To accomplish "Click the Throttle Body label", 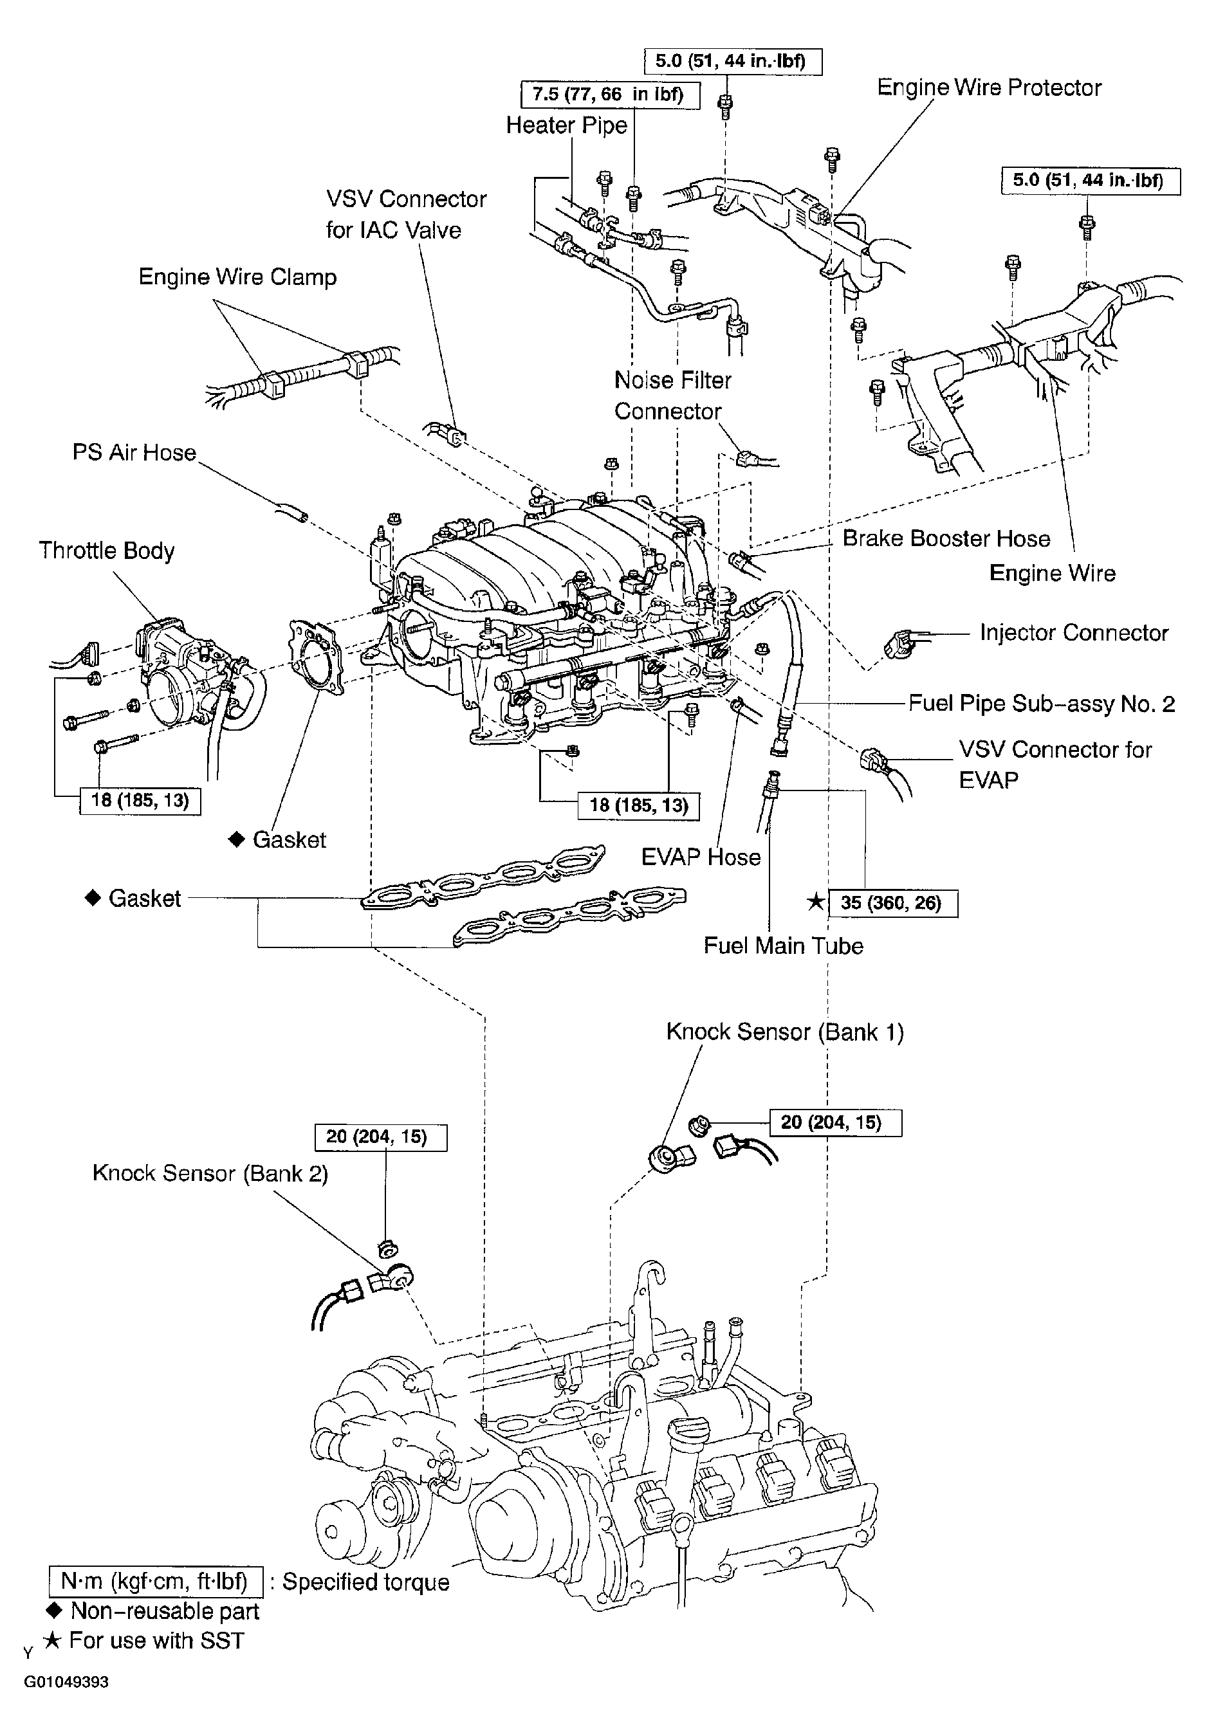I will tap(107, 551).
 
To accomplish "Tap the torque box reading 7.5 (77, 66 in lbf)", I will tap(609, 95).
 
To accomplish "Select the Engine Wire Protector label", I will tap(988, 87).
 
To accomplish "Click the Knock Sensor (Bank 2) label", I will tap(210, 1173).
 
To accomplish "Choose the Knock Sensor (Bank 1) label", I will tap(784, 1032).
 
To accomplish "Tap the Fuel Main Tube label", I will tap(783, 946).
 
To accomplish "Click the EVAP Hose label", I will tap(700, 857).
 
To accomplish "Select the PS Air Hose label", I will tap(134, 452).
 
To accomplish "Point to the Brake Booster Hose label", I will tap(946, 538).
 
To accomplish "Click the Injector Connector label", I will tap(1074, 632).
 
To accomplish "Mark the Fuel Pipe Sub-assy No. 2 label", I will tap(1042, 704).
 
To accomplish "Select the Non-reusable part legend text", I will tap(164, 1611).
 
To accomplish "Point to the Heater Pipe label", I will tap(566, 125).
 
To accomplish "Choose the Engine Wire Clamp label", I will tap(237, 277).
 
